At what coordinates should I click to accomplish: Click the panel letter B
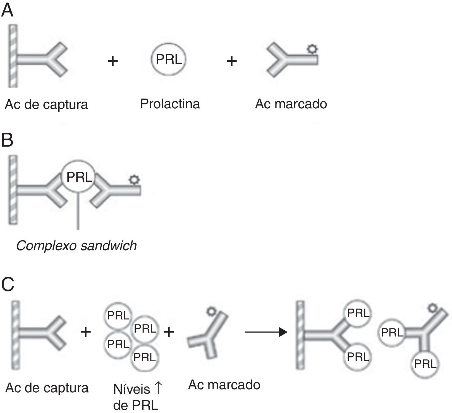(x=7, y=140)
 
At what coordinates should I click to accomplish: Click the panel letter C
(x=8, y=284)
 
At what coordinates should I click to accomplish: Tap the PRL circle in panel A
(x=169, y=59)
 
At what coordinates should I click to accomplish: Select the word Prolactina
(x=170, y=104)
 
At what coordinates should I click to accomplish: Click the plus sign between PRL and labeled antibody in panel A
(x=231, y=61)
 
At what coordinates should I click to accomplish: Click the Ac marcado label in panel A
(x=291, y=104)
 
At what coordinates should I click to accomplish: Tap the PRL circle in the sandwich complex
(x=79, y=177)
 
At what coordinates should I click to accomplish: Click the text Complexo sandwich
(x=76, y=246)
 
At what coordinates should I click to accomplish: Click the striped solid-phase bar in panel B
(x=13, y=190)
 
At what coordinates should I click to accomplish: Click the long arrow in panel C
(x=266, y=332)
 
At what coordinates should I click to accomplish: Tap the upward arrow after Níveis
(x=158, y=388)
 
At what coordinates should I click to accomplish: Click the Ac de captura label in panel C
(x=47, y=388)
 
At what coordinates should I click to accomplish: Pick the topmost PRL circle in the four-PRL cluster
(x=118, y=316)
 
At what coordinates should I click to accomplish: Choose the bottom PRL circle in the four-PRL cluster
(x=145, y=357)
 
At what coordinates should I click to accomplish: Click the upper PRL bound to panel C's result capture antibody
(x=358, y=313)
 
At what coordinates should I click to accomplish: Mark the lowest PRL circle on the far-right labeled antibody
(x=425, y=364)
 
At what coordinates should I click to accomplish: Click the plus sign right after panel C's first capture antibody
(x=86, y=332)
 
